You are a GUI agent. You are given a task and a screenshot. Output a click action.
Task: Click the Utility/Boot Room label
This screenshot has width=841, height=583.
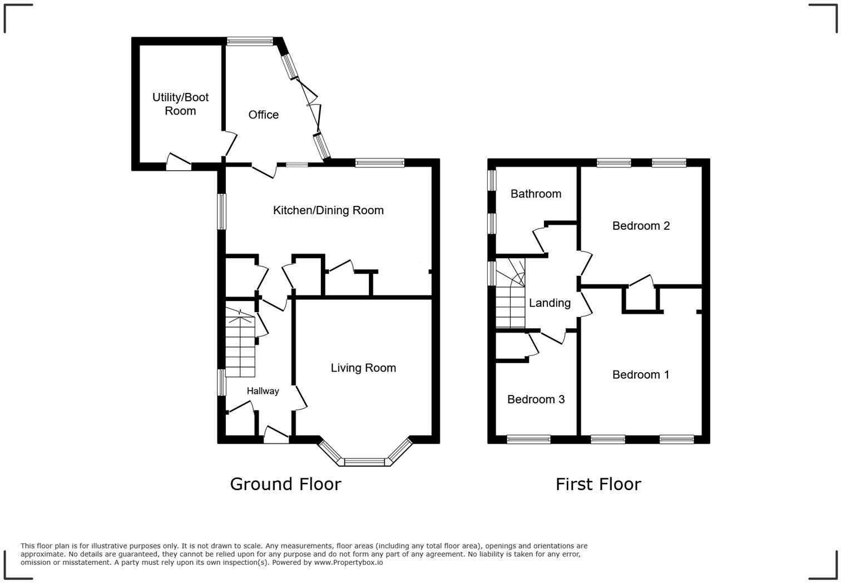coord(180,104)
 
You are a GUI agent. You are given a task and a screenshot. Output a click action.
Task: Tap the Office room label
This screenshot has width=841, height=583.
coord(264,115)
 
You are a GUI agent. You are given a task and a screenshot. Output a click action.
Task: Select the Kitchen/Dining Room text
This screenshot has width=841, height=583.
coord(328,210)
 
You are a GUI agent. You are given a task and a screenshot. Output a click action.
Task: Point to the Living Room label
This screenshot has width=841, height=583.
coord(363,368)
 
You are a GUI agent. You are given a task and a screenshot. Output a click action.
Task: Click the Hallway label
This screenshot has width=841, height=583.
coord(263,391)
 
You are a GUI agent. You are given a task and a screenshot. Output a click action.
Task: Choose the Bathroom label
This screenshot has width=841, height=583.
coord(536,194)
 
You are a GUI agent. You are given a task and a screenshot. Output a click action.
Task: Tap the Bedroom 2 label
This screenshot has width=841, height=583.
coord(641,226)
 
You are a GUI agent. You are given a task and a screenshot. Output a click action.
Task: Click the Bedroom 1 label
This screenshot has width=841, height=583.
coord(641,374)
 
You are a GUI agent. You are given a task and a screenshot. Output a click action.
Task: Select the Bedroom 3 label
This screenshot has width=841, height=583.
coord(536,399)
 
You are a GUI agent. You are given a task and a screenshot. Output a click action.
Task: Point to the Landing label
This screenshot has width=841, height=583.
coord(550,303)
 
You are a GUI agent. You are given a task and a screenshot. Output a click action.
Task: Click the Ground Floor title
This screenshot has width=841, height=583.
coord(286,485)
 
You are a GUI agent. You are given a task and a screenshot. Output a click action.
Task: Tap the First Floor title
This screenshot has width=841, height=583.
coord(598,485)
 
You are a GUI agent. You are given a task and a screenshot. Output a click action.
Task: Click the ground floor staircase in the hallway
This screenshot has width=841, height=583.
coord(240,342)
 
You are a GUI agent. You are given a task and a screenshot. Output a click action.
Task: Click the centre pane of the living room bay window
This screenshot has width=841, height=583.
coord(365,462)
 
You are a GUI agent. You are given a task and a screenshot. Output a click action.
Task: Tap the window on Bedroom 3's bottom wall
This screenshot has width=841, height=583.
coord(528,439)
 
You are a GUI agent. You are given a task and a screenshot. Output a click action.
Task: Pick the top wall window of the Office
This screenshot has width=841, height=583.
coord(250,41)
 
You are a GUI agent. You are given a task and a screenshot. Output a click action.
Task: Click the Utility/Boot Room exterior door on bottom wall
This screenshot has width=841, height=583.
coord(179,164)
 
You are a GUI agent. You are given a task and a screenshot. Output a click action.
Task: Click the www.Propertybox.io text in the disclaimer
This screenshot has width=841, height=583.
coord(348,562)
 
